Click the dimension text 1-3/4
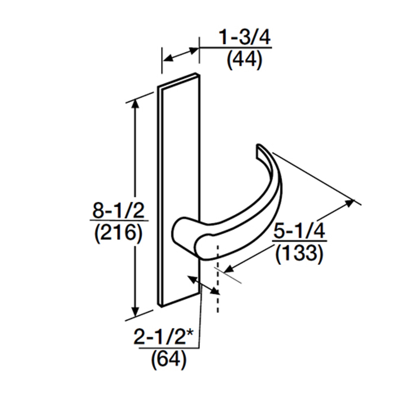click(x=245, y=38)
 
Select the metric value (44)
click(x=245, y=59)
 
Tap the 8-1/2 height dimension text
click(x=118, y=210)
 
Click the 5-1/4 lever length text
click(x=299, y=231)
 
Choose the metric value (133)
click(x=299, y=254)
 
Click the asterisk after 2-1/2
click(x=190, y=334)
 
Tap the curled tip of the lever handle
click(x=259, y=149)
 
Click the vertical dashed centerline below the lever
click(x=217, y=302)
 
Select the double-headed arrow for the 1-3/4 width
click(x=181, y=54)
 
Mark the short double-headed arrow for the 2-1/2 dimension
click(x=203, y=285)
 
